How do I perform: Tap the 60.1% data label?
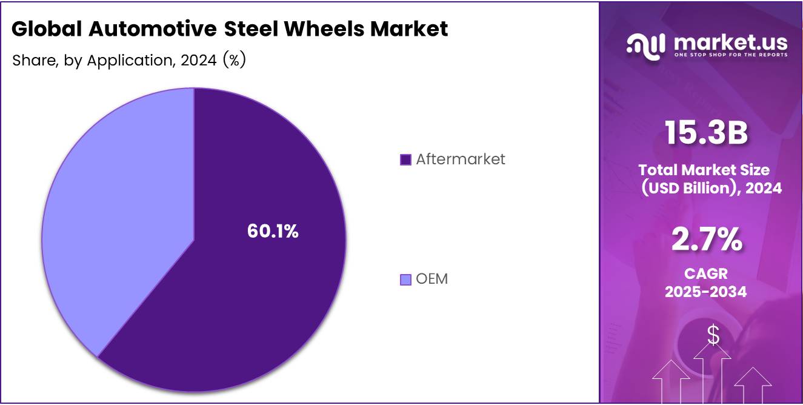point(273,231)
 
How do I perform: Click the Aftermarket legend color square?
point(406,159)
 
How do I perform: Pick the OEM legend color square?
point(406,279)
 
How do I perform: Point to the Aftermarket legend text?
point(461,159)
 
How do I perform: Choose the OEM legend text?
point(431,279)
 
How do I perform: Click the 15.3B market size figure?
point(705,133)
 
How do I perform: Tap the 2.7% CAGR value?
point(706,239)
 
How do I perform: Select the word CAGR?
point(705,274)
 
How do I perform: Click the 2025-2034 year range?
point(705,292)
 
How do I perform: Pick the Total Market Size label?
point(704,170)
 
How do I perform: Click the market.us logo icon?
point(646,45)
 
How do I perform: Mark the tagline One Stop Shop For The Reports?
point(730,55)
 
